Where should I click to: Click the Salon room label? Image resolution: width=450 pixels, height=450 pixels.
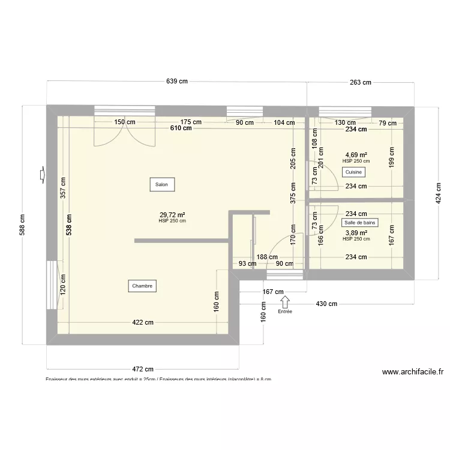(161, 184)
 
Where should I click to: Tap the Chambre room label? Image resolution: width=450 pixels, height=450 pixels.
(142, 286)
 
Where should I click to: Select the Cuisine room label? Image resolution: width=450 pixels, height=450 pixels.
(353, 172)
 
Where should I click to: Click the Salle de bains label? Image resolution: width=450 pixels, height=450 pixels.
(361, 223)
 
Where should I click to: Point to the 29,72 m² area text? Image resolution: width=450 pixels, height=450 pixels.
(172, 215)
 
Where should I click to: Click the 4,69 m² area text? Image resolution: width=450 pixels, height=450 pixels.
(356, 154)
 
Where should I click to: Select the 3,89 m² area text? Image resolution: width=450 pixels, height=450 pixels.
(356, 233)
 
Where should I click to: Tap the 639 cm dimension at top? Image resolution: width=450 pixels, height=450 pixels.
(177, 82)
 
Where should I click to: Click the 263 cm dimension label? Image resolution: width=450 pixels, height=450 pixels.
(359, 82)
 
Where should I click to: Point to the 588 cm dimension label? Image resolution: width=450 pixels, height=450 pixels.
(23, 226)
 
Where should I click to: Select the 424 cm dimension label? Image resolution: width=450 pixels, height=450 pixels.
(438, 193)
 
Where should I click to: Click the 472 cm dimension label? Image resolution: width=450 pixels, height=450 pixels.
(143, 369)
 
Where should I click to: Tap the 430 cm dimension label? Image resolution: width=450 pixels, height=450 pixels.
(326, 304)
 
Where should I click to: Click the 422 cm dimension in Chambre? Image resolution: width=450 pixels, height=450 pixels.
(143, 322)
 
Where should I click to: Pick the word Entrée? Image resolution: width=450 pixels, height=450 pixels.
(285, 312)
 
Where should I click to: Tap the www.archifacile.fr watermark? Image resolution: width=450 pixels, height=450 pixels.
(413, 372)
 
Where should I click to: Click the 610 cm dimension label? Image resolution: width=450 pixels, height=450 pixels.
(181, 128)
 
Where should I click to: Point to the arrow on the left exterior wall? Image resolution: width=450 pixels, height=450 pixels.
(41, 175)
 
